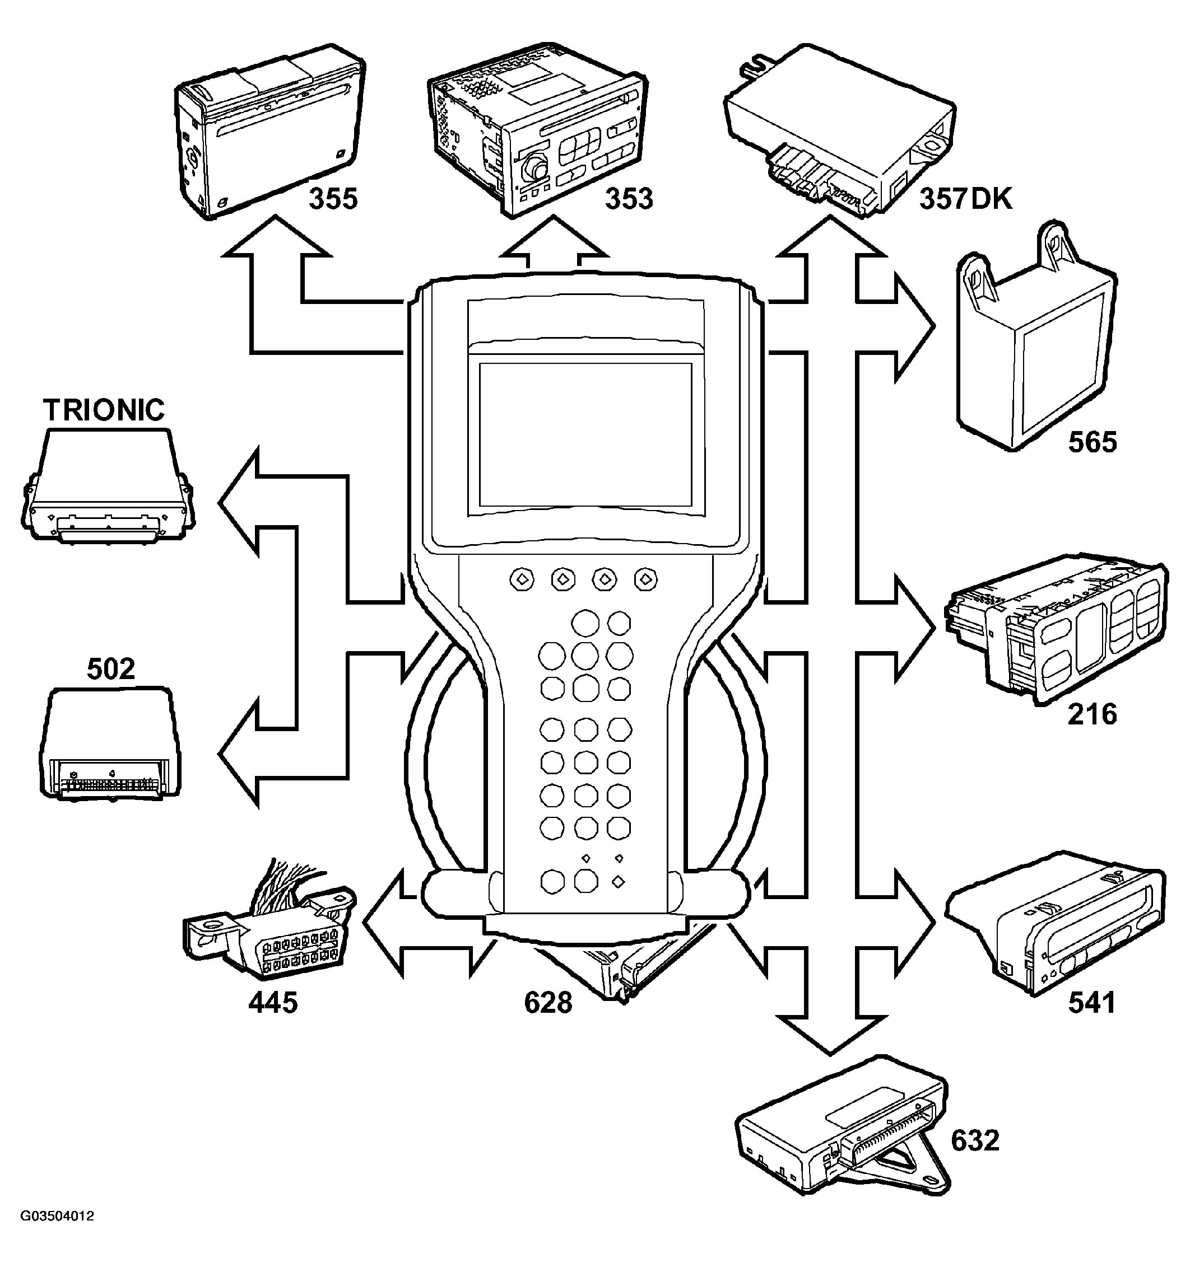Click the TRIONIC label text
[x=104, y=410]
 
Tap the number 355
[x=333, y=199]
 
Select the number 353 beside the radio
[x=629, y=199]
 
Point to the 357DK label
[x=965, y=199]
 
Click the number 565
[x=1092, y=442]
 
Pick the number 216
[x=1092, y=714]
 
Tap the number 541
[x=1092, y=1003]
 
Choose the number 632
[x=975, y=1140]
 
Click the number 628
[x=548, y=1003]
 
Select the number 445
[x=273, y=1003]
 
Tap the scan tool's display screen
[x=585, y=435]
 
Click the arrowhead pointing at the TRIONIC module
[x=238, y=502]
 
